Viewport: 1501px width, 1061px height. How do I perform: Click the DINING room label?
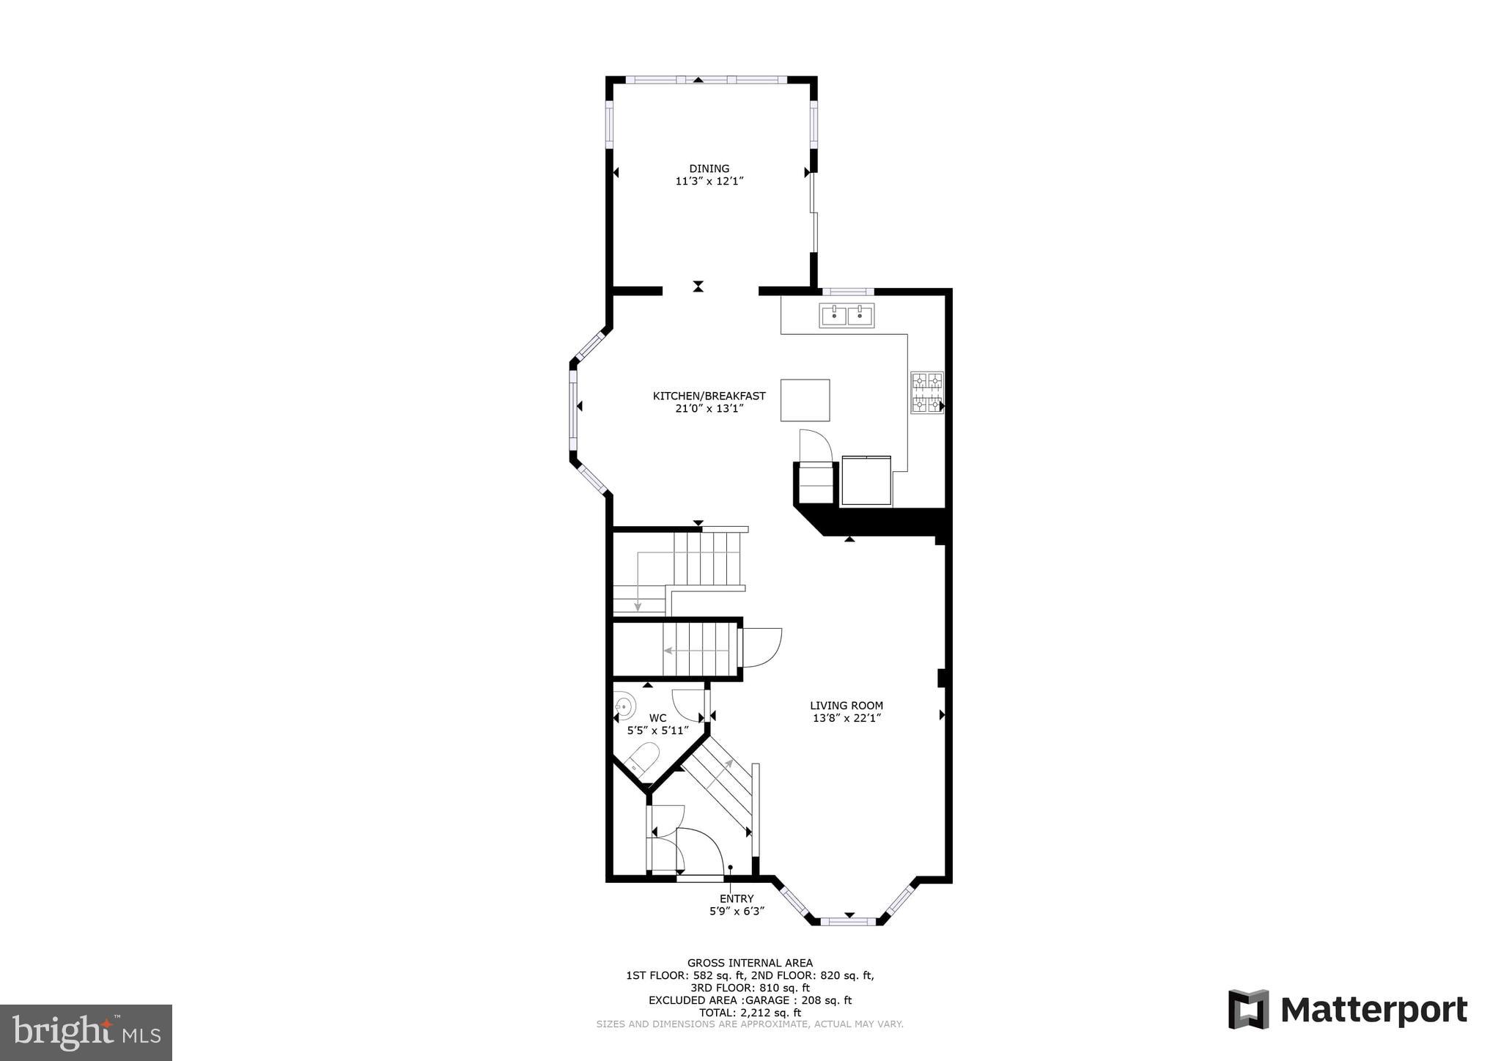709,169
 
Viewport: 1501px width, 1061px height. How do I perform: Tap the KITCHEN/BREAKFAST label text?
709,396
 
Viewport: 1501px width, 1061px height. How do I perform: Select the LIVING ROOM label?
846,706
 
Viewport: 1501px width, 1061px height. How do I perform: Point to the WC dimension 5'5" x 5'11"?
657,731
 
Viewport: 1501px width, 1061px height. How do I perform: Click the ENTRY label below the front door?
736,899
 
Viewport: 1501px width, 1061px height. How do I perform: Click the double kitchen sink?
847,316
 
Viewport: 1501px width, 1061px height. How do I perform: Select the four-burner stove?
926,393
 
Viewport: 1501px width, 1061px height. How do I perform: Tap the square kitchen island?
805,400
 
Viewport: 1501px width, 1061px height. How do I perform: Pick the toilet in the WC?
643,759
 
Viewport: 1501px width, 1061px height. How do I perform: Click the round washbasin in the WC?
624,706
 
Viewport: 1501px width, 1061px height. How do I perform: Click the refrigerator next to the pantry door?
866,481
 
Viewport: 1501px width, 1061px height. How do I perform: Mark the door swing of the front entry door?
700,850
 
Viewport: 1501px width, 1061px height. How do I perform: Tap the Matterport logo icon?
1248,1010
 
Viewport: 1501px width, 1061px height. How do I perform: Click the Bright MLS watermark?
86,1032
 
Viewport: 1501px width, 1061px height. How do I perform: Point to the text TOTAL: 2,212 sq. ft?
749,1013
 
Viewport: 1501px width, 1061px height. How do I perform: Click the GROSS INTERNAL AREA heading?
749,963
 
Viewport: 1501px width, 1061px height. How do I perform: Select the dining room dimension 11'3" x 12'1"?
709,181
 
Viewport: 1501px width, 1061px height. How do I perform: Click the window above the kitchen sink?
847,292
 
